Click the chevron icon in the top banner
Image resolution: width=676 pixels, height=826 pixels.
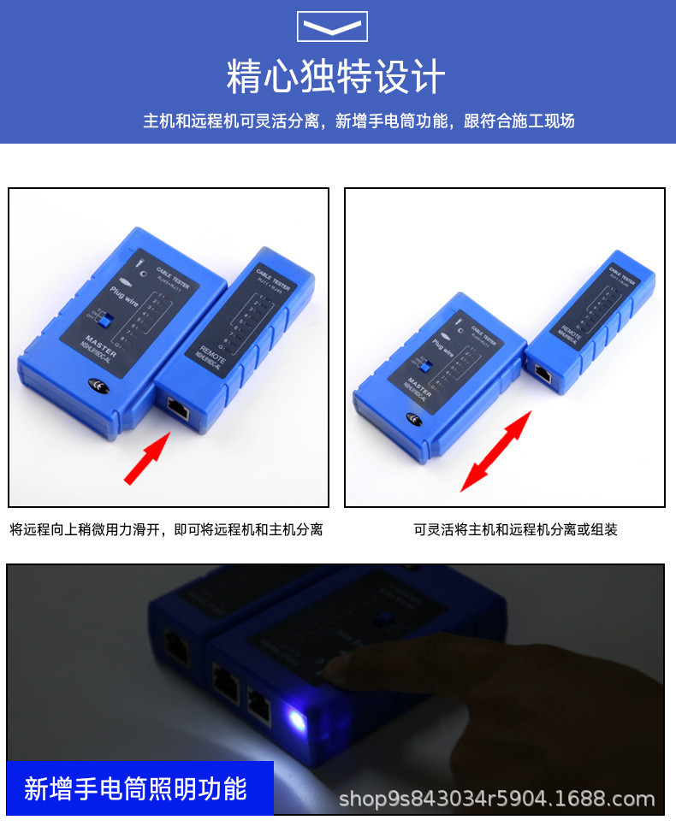tap(332, 27)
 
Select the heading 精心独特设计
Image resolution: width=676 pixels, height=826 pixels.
tap(335, 77)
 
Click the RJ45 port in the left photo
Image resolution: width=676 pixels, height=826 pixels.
tap(177, 408)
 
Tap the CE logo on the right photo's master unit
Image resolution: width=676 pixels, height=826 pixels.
tap(413, 418)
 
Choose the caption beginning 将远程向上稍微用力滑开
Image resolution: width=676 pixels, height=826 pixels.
tap(166, 530)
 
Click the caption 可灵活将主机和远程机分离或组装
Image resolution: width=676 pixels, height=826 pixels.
tap(515, 530)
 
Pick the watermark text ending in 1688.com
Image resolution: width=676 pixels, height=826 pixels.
tap(496, 799)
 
